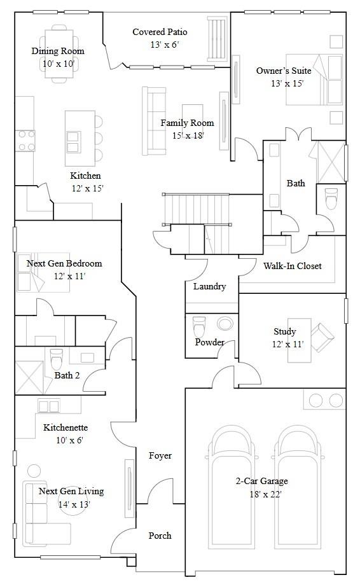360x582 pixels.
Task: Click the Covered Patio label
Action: point(160,32)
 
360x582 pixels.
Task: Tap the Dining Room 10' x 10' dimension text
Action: point(58,64)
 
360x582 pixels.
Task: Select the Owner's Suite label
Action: point(284,71)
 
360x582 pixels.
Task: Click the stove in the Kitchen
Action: point(25,141)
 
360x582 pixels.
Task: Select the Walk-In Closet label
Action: point(292,266)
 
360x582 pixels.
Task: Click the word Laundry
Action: point(209,286)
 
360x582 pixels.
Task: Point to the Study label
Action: point(284,331)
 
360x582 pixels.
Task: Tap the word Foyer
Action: point(160,455)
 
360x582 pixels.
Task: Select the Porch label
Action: point(160,536)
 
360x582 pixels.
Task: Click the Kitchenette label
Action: point(66,427)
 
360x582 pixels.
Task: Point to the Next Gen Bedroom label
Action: point(64,263)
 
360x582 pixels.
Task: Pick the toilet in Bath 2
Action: point(56,358)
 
